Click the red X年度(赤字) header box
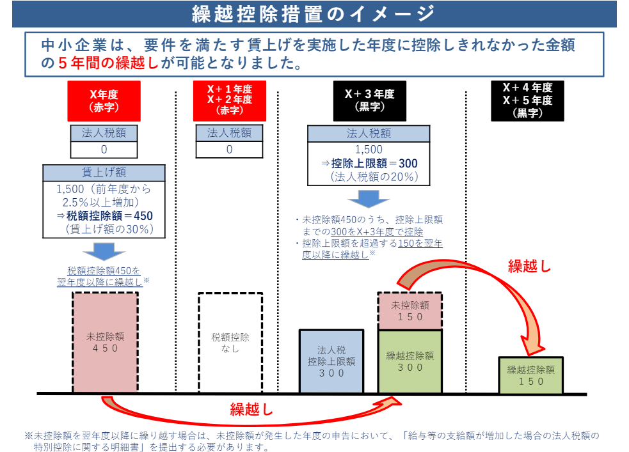104,101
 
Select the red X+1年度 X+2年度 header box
230,101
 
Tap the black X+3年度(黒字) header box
369,101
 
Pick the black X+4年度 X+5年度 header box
527,101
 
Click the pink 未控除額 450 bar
105,342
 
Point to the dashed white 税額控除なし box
230,343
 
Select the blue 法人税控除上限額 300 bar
331,361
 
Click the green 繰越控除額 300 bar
410,361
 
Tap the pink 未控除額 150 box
410,311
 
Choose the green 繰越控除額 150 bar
530,375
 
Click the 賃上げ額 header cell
104,173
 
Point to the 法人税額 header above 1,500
369,134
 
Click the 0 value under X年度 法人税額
104,150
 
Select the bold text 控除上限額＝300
374,164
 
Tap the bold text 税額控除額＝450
109,215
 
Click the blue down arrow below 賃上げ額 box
104,251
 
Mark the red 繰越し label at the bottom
251,409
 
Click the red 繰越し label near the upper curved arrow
530,266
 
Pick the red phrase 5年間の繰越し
108,63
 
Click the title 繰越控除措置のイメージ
314,13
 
